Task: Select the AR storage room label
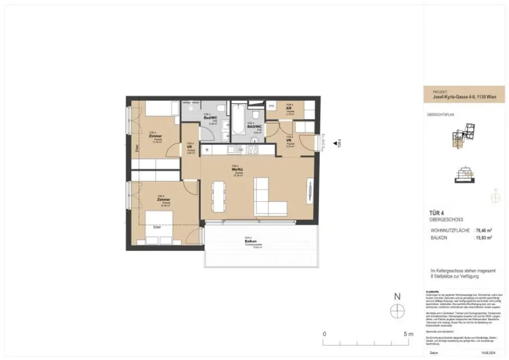click(x=289, y=108)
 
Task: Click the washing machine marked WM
click(x=272, y=106)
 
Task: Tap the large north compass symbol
click(x=397, y=311)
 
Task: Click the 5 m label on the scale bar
click(x=408, y=334)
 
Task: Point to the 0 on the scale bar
click(x=324, y=334)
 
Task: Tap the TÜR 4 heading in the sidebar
click(x=436, y=213)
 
